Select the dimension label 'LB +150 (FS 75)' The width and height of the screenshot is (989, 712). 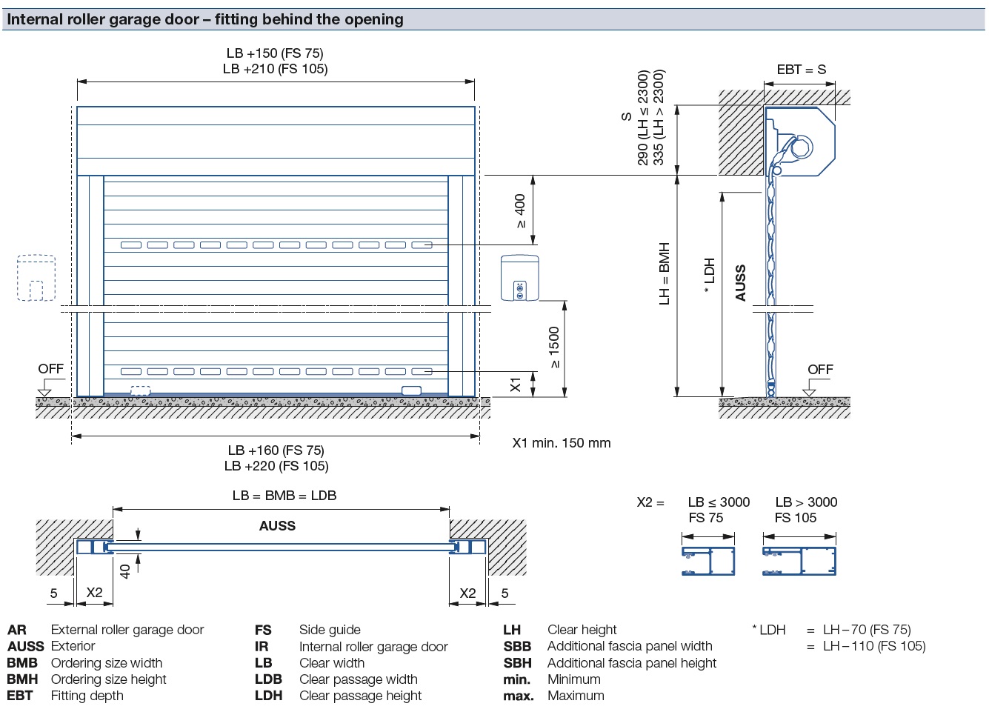(275, 53)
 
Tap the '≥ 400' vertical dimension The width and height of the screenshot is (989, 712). (520, 210)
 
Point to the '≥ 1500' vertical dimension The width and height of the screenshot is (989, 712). (555, 347)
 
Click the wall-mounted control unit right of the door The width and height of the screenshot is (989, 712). (519, 278)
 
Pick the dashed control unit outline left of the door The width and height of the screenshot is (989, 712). (36, 278)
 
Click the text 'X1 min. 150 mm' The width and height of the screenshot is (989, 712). (562, 443)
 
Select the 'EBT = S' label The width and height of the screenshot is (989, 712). (801, 70)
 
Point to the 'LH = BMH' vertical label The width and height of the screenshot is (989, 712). (665, 273)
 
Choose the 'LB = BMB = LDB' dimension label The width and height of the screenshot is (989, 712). (284, 495)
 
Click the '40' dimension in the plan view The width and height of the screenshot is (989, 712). (125, 571)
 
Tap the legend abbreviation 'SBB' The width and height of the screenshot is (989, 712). (517, 646)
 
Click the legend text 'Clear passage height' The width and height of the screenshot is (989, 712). (360, 696)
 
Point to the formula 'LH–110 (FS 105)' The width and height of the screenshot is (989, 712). (874, 646)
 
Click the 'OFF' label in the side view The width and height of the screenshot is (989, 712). (820, 369)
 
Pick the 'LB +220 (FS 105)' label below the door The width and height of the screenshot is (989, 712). (276, 466)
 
